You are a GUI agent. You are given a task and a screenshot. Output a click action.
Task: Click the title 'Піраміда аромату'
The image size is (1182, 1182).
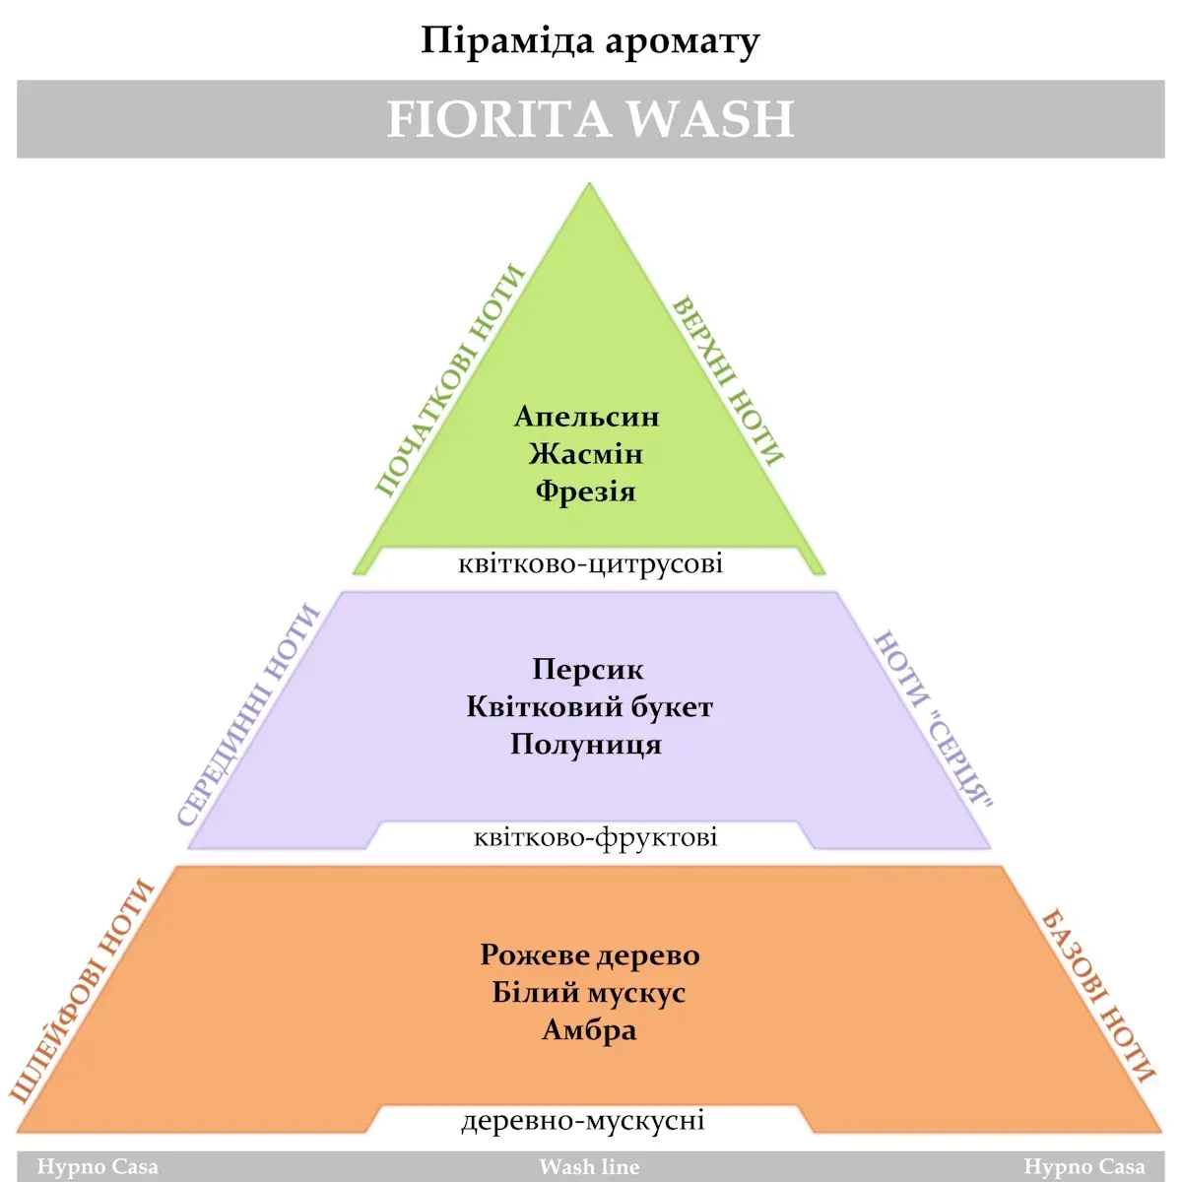click(x=590, y=41)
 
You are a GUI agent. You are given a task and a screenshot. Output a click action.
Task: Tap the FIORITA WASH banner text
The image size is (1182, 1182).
click(x=590, y=119)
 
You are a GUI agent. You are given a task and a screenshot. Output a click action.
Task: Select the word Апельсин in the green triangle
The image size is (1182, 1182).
click(x=587, y=417)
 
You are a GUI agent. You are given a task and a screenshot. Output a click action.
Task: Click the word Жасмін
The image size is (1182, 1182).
click(x=586, y=454)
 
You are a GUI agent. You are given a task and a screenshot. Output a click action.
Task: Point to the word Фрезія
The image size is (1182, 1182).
click(x=586, y=491)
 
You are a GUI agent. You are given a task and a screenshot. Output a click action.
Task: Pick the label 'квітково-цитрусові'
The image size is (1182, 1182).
click(x=590, y=564)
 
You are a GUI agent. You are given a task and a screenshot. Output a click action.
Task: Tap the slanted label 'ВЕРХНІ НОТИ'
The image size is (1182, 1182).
click(x=728, y=380)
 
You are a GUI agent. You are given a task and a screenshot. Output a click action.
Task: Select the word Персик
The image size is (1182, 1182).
click(x=588, y=670)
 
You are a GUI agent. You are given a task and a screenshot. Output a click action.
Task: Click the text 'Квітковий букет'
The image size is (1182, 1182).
click(x=589, y=706)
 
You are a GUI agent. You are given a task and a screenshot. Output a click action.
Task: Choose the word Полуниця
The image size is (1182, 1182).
click(x=586, y=744)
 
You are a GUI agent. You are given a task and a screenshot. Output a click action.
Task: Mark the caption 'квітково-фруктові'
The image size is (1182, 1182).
click(x=595, y=838)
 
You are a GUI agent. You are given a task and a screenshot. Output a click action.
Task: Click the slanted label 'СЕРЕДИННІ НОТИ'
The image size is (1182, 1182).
click(x=249, y=715)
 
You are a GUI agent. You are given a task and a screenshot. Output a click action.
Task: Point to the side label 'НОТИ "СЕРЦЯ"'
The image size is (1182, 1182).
click(x=933, y=719)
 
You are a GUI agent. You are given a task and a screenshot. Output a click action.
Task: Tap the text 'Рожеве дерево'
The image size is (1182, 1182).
click(x=590, y=955)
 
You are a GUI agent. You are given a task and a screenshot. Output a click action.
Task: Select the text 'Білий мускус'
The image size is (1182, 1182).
click(x=589, y=993)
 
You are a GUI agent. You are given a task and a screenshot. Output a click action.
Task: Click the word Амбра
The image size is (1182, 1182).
click(x=589, y=1030)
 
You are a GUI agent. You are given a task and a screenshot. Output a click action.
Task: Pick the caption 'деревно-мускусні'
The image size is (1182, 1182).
click(x=583, y=1121)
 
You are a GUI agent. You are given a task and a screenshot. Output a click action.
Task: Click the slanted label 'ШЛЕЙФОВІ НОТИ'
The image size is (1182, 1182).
click(x=83, y=990)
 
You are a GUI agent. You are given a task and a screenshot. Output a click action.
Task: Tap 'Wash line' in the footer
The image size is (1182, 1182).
click(x=589, y=1167)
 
